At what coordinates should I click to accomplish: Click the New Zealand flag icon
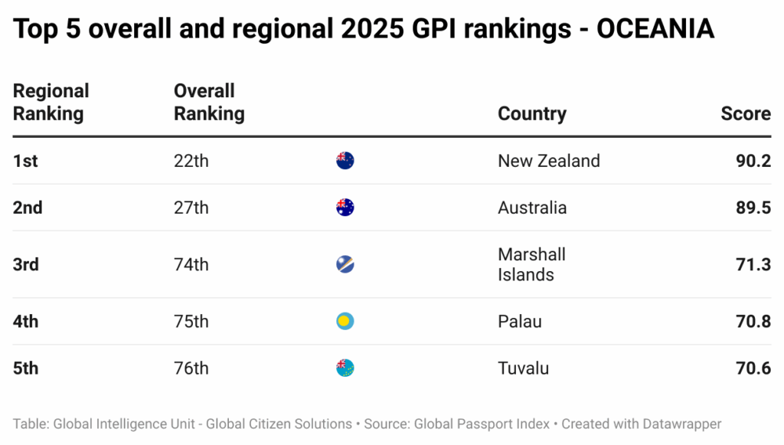click(x=345, y=161)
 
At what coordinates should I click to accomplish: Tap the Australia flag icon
click(x=345, y=208)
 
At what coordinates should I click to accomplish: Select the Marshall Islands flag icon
click(x=345, y=265)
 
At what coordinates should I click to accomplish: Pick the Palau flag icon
click(x=345, y=322)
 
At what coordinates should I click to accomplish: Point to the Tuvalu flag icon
click(x=345, y=368)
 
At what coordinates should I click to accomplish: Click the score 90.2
click(x=753, y=161)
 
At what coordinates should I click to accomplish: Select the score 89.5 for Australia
click(x=753, y=208)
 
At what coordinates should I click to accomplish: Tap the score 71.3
click(x=753, y=265)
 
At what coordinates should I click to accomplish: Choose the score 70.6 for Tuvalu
click(x=753, y=368)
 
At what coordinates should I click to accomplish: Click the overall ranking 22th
click(x=191, y=161)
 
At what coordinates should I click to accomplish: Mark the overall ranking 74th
click(x=191, y=265)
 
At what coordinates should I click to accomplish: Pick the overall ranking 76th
click(x=191, y=368)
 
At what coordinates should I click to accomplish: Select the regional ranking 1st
click(x=25, y=161)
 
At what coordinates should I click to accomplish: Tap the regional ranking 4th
click(x=25, y=322)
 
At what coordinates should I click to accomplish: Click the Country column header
click(x=531, y=114)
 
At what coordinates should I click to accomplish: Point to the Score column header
click(x=745, y=114)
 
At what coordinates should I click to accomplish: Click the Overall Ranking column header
click(x=208, y=103)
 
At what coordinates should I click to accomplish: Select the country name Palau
click(x=519, y=322)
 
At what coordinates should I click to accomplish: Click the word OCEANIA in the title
click(x=655, y=29)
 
